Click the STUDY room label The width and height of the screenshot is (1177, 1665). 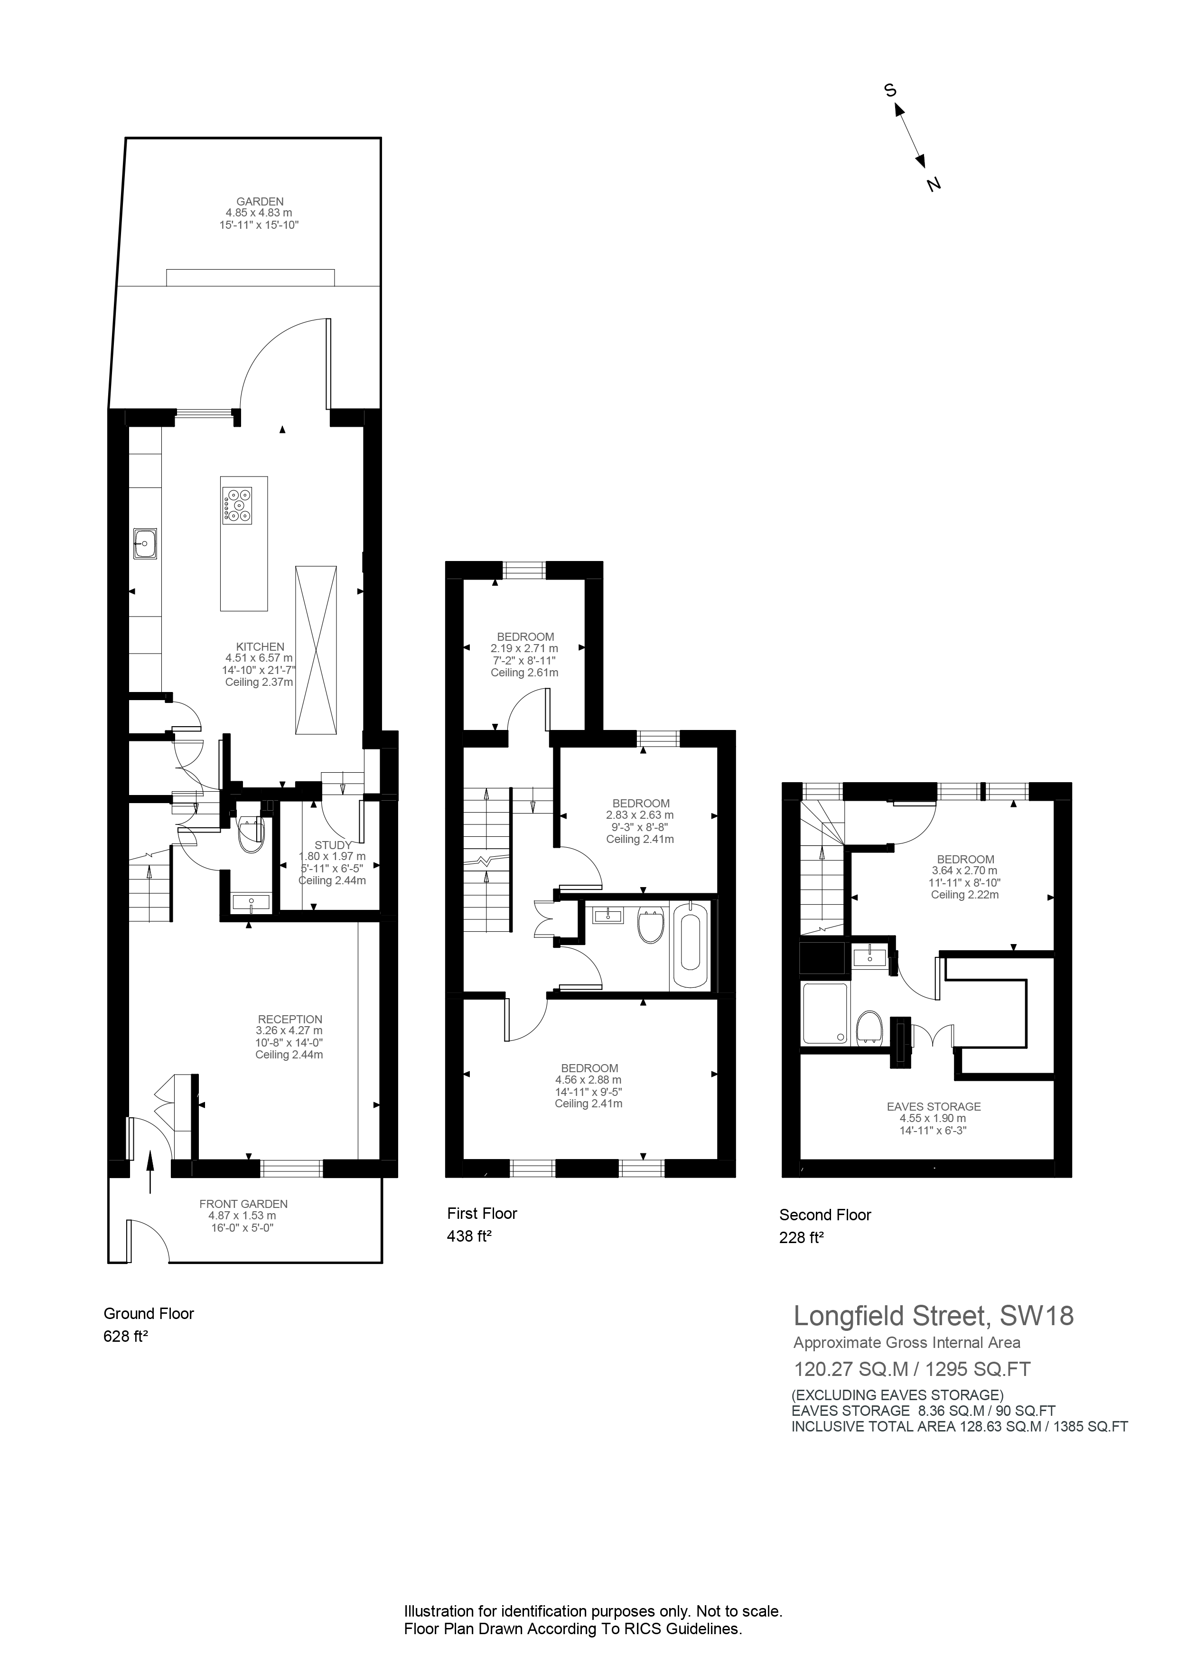[333, 845]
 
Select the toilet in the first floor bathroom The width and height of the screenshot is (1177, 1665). [651, 926]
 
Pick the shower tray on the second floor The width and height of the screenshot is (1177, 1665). [824, 1013]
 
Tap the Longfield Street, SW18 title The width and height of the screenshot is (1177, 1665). [934, 1316]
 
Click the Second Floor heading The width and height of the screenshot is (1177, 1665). [824, 1215]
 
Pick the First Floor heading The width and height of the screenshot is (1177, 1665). [482, 1213]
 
